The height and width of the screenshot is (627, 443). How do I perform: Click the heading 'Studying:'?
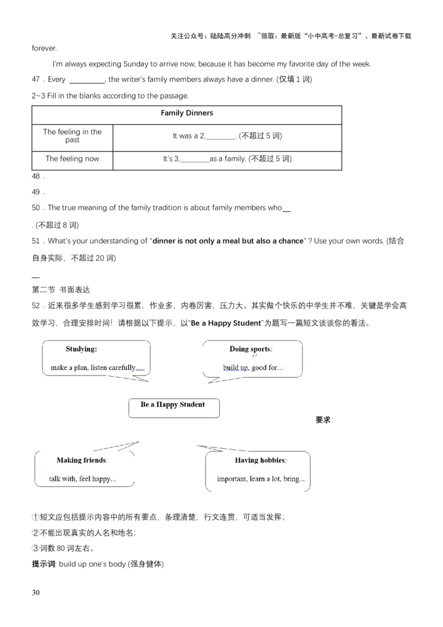coord(81,349)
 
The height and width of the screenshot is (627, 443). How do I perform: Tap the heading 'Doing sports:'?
coord(251,349)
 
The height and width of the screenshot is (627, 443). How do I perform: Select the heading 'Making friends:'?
coord(82,460)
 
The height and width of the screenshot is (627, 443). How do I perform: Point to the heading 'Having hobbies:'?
coord(261,460)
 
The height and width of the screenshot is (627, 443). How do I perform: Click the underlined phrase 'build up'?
coord(235,368)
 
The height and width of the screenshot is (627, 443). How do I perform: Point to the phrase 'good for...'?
coord(267,368)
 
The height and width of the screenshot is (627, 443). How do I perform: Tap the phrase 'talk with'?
coord(63,479)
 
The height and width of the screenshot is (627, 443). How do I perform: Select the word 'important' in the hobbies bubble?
coord(232,479)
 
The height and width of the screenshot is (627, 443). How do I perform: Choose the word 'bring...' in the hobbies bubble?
coord(293,479)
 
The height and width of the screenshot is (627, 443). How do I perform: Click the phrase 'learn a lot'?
coord(265,479)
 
